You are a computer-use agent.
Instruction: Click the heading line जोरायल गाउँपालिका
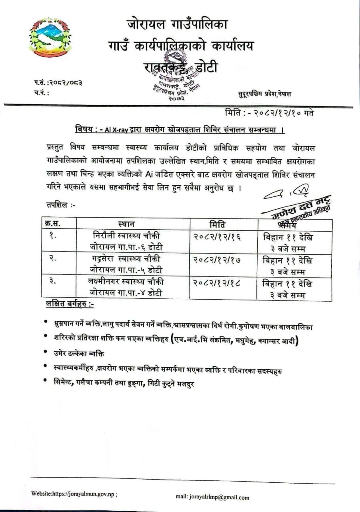click(x=177, y=25)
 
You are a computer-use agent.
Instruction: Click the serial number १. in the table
click(x=52, y=236)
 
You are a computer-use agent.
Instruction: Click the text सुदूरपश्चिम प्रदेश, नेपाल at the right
click(x=264, y=94)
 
